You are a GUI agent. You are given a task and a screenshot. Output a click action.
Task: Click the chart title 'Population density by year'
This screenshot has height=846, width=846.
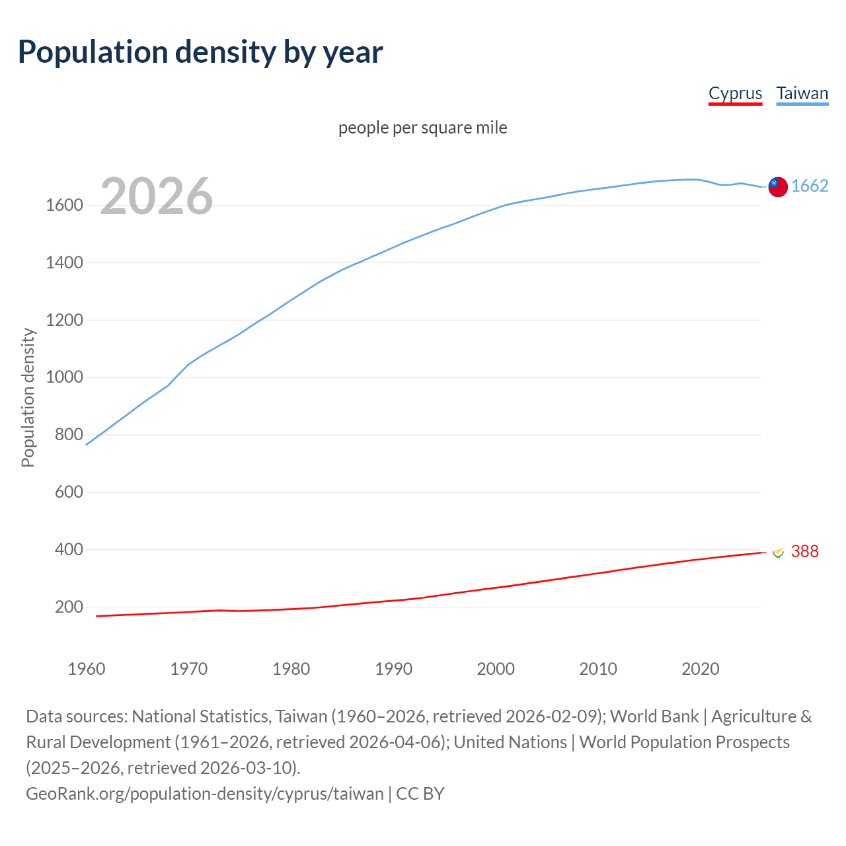200,52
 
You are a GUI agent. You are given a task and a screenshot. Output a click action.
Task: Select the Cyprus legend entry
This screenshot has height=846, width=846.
735,94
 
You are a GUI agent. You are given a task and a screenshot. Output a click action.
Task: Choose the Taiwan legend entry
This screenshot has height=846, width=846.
802,94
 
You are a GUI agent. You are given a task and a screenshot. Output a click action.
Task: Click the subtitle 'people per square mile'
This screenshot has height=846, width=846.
422,128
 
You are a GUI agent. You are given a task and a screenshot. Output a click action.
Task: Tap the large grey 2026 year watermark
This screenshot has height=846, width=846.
157,196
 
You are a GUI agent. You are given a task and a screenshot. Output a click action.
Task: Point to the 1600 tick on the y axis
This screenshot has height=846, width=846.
64,206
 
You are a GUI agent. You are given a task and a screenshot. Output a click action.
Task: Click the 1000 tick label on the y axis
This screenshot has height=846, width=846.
64,377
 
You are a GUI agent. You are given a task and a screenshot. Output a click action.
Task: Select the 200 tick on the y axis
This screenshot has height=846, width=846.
69,607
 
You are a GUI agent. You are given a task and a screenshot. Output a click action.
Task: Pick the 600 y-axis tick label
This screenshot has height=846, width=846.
69,492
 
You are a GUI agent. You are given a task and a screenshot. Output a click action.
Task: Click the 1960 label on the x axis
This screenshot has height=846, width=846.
87,669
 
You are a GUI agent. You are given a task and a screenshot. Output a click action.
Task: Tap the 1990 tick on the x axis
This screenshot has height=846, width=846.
393,669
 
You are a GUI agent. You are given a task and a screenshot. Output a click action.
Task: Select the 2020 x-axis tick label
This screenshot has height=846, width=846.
700,669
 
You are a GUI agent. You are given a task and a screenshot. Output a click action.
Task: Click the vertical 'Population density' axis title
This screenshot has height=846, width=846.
28,397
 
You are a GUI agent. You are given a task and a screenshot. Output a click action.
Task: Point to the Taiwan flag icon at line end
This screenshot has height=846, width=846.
778,187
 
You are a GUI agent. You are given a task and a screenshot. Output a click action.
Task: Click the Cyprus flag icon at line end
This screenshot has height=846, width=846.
778,552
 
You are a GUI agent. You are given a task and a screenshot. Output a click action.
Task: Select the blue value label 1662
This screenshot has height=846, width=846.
810,186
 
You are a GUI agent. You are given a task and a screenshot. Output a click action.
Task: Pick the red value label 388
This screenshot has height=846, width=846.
804,551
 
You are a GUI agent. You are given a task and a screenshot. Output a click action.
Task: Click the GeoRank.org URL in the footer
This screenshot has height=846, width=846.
204,794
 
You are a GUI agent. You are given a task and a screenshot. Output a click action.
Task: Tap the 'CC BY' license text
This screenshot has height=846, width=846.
420,794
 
